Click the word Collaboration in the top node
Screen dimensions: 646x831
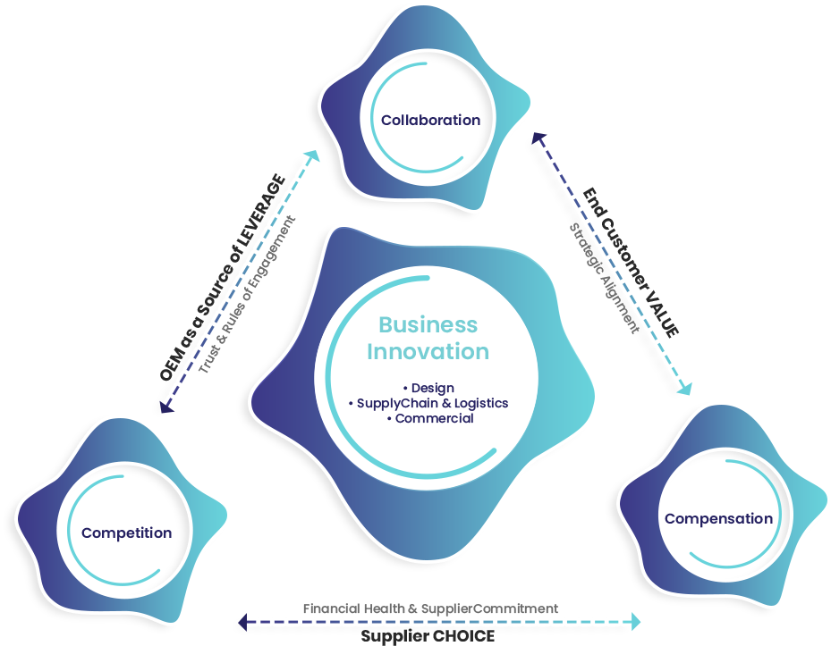(430, 120)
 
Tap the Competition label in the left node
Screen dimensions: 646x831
(126, 533)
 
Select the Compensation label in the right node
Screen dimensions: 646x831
(718, 518)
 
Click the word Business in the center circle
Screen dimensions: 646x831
(428, 324)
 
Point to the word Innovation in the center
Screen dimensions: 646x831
(428, 351)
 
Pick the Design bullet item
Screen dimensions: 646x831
(428, 388)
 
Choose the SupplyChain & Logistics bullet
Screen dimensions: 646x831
(428, 403)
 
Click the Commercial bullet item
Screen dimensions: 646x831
(428, 418)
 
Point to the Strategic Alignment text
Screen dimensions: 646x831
(606, 278)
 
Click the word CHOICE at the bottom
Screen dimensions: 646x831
(458, 637)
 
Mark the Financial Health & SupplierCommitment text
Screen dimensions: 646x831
(430, 608)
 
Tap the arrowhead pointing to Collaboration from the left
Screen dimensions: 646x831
(313, 156)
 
